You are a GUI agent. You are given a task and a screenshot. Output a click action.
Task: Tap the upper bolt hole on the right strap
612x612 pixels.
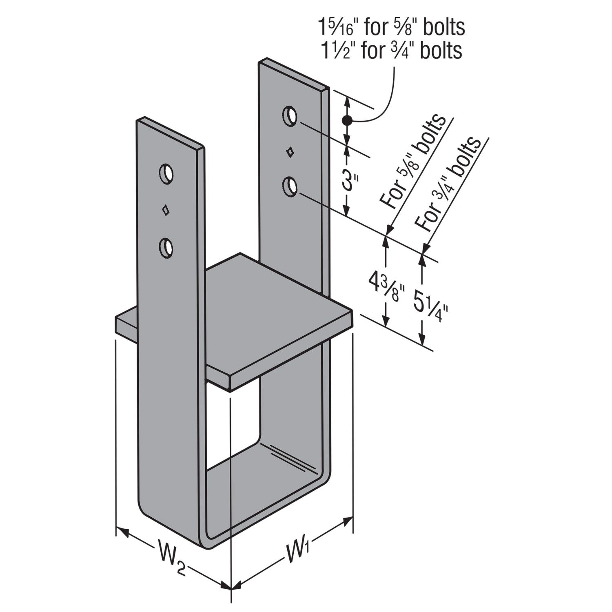[x=289, y=115]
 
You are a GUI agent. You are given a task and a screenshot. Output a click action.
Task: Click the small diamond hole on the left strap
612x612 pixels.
[x=166, y=210]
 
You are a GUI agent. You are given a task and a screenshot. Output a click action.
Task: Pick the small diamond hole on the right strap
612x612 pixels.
[x=290, y=152]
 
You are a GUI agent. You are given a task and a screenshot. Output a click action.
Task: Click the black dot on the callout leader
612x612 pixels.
[x=347, y=120]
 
